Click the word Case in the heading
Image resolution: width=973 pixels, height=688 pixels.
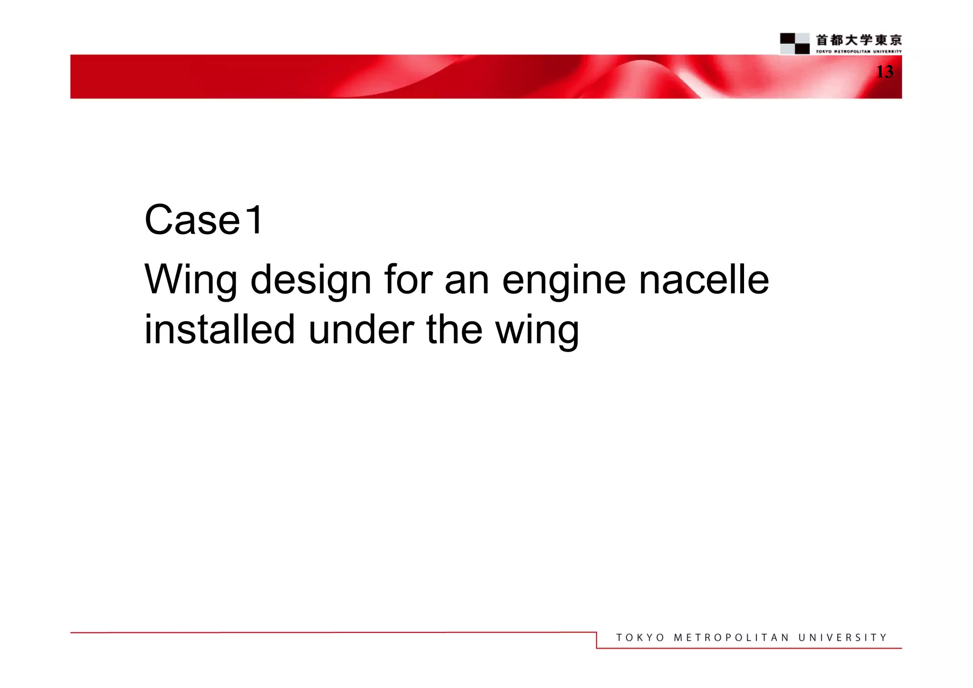(x=192, y=220)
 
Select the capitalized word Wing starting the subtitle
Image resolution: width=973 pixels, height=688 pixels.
(x=191, y=280)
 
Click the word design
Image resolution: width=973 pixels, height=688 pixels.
(x=311, y=280)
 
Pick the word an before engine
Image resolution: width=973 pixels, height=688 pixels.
(x=467, y=280)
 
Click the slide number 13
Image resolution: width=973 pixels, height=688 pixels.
(x=884, y=72)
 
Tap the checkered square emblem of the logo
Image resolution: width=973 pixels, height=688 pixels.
(x=794, y=43)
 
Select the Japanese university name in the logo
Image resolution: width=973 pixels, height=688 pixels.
(x=859, y=40)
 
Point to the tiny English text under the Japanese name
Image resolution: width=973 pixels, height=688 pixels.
(x=859, y=51)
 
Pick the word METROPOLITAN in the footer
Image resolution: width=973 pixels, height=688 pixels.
(x=731, y=638)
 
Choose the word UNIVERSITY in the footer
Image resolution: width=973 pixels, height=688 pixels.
(x=842, y=638)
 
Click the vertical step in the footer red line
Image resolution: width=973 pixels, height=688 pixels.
(x=597, y=640)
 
